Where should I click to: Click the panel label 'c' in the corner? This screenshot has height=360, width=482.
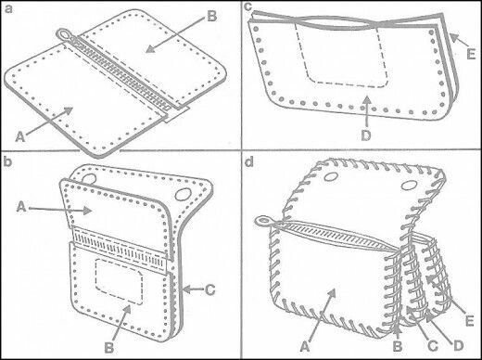(249, 7)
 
